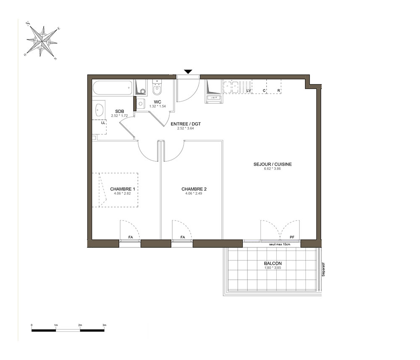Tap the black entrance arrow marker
pos(188,71)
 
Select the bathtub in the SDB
pos(113,88)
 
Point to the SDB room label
pos(119,111)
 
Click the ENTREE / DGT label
pos(186,124)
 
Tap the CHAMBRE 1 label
pos(122,189)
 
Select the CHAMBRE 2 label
pos(194,189)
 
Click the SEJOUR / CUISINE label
pos(273,164)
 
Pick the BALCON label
pos(273,263)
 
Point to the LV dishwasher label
pos(249,91)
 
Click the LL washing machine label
pos(103,123)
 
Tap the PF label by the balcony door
pos(292,237)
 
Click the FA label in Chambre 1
pos(131,237)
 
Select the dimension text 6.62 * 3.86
pos(273,169)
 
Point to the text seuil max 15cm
pos(280,244)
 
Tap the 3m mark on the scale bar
pos(104,325)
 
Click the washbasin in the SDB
pos(100,109)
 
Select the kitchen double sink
pos(231,87)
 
